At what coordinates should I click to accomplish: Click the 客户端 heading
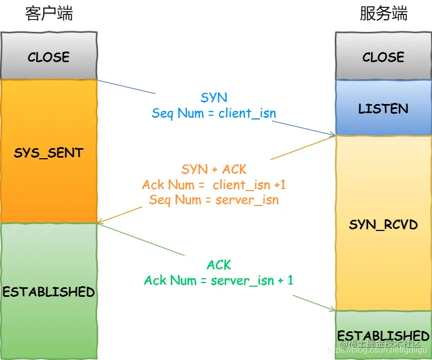pyautogui.click(x=49, y=14)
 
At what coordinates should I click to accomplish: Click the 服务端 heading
pyautogui.click(x=383, y=14)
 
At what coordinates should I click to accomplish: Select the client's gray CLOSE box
pyautogui.click(x=49, y=56)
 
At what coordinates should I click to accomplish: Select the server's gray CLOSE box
pyautogui.click(x=383, y=56)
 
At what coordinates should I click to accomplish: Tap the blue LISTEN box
pyautogui.click(x=383, y=108)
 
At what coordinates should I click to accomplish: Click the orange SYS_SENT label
pyautogui.click(x=49, y=153)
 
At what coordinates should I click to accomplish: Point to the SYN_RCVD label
pyautogui.click(x=383, y=225)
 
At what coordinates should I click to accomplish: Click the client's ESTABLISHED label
pyautogui.click(x=49, y=292)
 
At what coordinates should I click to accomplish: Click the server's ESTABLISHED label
pyautogui.click(x=383, y=336)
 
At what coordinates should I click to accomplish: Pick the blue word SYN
pyautogui.click(x=214, y=98)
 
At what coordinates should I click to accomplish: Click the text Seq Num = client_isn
pyautogui.click(x=214, y=113)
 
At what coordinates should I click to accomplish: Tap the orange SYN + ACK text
pyautogui.click(x=214, y=169)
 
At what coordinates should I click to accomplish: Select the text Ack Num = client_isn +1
pyautogui.click(x=214, y=185)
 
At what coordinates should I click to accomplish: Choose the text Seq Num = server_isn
pyautogui.click(x=214, y=200)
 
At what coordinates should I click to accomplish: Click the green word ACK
pyautogui.click(x=218, y=264)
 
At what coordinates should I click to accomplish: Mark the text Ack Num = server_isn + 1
pyautogui.click(x=218, y=280)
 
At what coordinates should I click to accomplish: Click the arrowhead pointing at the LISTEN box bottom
pyautogui.click(x=332, y=135)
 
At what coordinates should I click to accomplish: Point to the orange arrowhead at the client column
pyautogui.click(x=101, y=222)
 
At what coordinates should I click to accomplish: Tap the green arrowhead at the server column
pyautogui.click(x=332, y=310)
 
